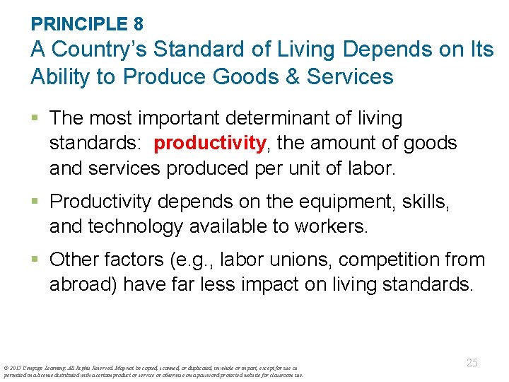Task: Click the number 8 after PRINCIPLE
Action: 138,24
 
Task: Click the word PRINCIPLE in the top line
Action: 78,24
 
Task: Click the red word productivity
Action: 210,144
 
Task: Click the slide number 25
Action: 472,363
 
